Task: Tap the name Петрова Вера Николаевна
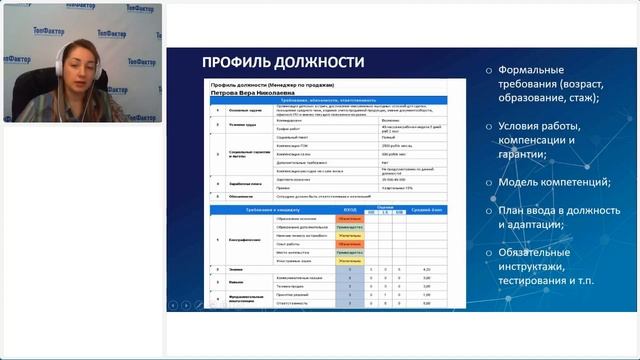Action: click(252, 94)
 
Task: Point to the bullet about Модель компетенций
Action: click(560, 182)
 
